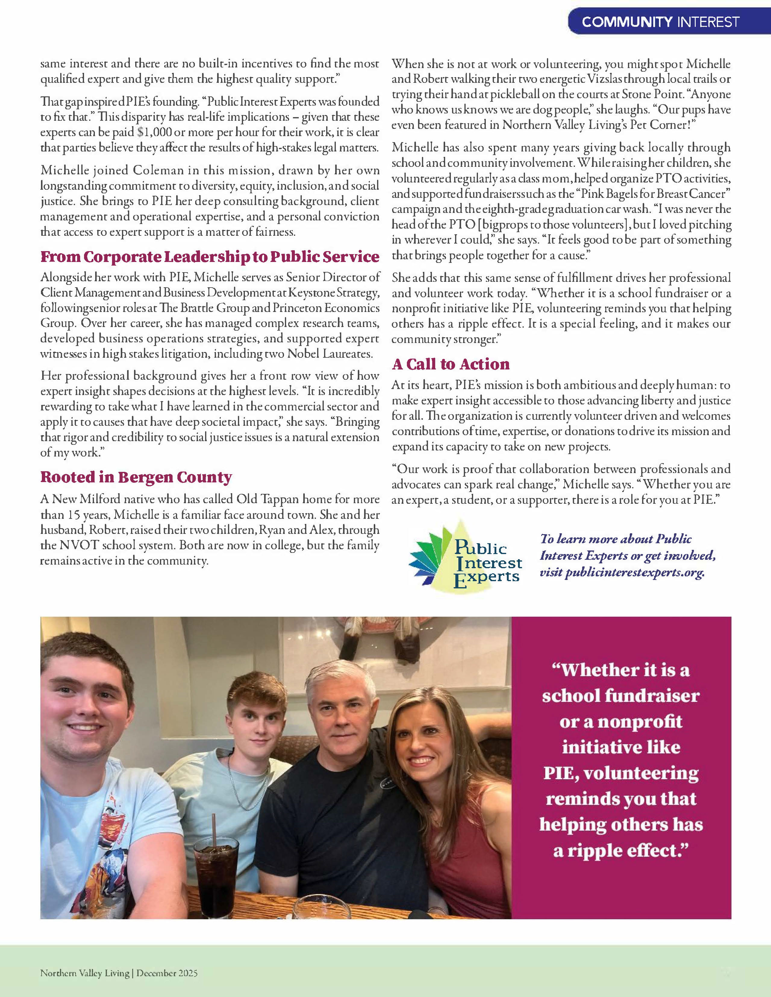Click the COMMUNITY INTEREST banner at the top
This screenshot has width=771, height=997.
pyautogui.click(x=660, y=22)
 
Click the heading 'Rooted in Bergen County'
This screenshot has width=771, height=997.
pyautogui.click(x=136, y=477)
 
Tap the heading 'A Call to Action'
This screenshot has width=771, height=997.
pyautogui.click(x=451, y=364)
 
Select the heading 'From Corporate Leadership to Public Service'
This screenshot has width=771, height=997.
pyautogui.click(x=210, y=257)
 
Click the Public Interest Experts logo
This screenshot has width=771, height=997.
pyautogui.click(x=466, y=556)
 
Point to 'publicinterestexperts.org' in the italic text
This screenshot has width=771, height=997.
pyautogui.click(x=635, y=572)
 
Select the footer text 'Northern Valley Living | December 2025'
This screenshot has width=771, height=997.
pyautogui.click(x=119, y=973)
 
